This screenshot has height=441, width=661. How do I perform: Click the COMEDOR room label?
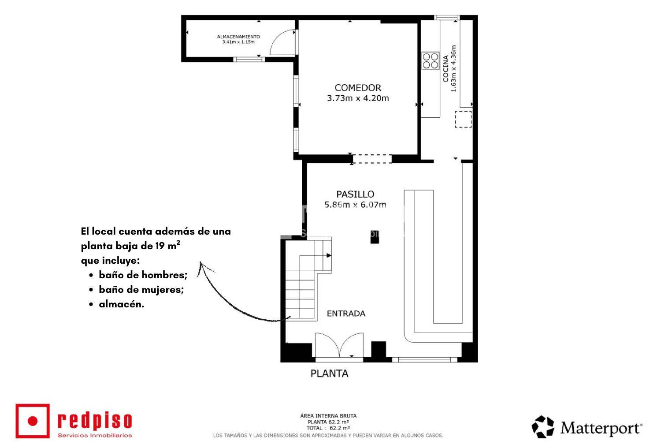[x=358, y=88]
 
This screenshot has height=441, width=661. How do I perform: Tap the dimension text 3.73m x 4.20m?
[x=358, y=98]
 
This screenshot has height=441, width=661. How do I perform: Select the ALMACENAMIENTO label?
[x=238, y=37]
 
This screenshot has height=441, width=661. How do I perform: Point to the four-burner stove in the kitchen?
[x=431, y=61]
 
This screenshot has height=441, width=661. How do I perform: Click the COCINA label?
[x=446, y=68]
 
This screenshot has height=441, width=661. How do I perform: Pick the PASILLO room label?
[x=355, y=194]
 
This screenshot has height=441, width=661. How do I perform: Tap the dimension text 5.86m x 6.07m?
[x=355, y=204]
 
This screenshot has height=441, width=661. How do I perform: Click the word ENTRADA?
[x=346, y=314]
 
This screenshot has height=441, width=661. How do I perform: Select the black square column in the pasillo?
[x=375, y=237]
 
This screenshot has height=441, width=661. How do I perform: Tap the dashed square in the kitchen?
[x=463, y=120]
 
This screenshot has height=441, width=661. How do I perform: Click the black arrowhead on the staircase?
[x=329, y=255]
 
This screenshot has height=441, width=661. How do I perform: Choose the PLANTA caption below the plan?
[x=329, y=374]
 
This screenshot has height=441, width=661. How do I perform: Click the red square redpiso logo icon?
[x=33, y=421]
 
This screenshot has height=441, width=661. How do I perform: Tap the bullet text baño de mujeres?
[x=141, y=289]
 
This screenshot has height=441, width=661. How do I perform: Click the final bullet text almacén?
[x=122, y=304]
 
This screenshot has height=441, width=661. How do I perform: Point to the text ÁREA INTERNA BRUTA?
[x=328, y=416]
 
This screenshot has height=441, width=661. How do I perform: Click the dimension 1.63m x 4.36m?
[x=453, y=68]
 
